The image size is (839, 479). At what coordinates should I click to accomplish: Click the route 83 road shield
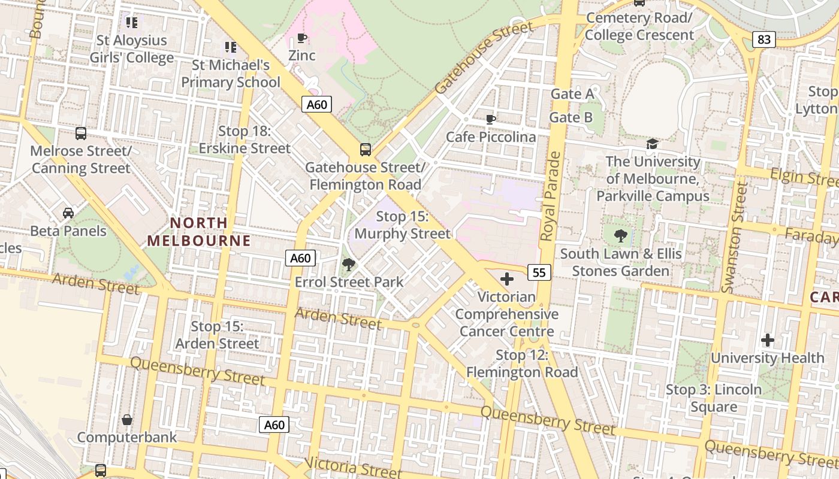pos(764,40)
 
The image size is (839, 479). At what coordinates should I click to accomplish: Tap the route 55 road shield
pos(539,272)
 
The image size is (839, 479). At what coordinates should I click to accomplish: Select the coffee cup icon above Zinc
pos(302,39)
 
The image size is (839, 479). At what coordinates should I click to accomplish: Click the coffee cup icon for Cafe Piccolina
pos(490,119)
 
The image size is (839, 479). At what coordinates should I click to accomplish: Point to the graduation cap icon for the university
pos(652,144)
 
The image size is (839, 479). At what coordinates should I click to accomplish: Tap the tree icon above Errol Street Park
pos(348,264)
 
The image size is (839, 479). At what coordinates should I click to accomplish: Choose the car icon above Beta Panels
pos(68,213)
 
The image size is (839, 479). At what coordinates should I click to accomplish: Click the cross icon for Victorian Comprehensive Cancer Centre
pos(507,278)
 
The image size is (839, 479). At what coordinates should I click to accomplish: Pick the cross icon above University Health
pos(767,341)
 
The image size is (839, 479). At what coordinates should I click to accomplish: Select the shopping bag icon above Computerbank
pos(127,420)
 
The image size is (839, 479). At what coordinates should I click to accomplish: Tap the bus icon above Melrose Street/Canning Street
pos(81,133)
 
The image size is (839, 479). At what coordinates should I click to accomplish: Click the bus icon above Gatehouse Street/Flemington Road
pos(365,149)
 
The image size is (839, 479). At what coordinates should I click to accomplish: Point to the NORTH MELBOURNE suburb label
pos(199,232)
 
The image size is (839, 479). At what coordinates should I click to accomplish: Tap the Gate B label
pos(571,117)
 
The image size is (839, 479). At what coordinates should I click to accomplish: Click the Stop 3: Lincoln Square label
pos(714,398)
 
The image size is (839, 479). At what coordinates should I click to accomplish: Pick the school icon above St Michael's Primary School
pos(230,47)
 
